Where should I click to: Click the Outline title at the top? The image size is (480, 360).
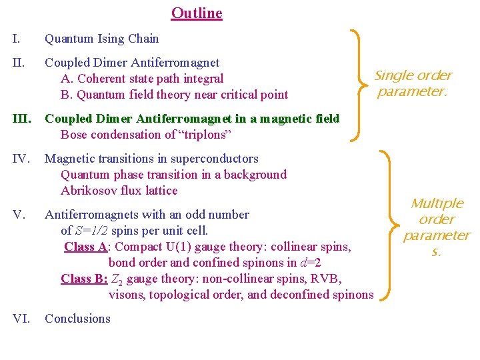pos(197,13)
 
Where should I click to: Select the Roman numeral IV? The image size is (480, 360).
pos(20,159)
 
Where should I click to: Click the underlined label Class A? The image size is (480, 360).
pos(86,247)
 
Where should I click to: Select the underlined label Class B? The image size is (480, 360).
pos(84,279)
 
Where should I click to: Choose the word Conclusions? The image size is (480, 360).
pos(77,319)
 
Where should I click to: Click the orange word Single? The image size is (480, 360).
pos(394,76)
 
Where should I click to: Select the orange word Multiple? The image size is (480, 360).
pos(437,203)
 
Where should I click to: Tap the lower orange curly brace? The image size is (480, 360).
pos(389,223)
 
